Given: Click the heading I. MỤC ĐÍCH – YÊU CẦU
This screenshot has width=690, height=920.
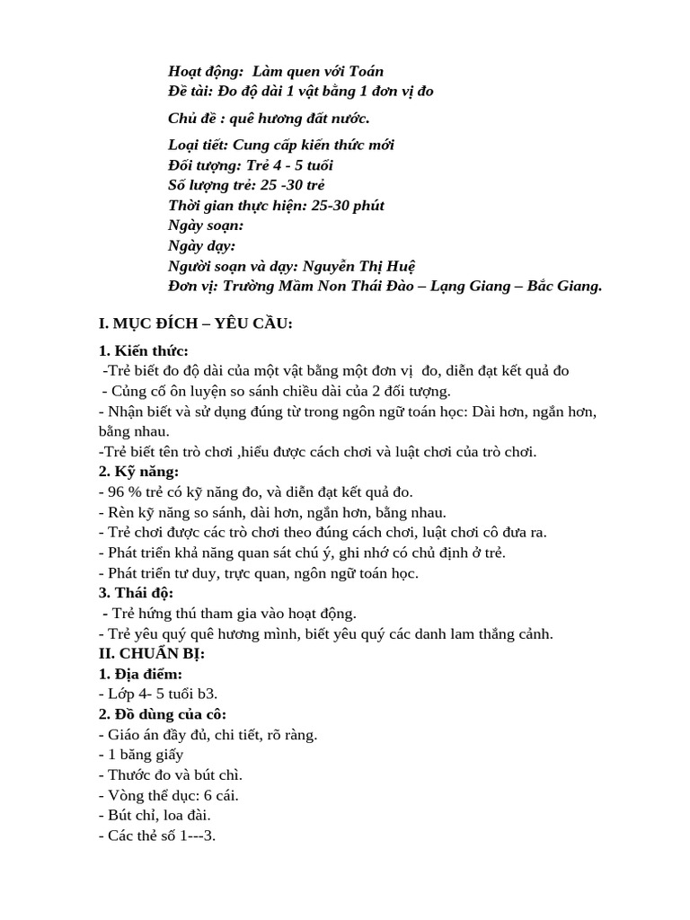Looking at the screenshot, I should [195, 323].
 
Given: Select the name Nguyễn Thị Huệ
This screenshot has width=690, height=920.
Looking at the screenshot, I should [359, 266].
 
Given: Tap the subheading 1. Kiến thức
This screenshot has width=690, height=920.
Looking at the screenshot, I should [144, 350].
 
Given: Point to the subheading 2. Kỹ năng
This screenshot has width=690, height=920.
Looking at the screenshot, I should [138, 472].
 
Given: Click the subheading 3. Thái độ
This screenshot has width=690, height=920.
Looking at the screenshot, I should [136, 593].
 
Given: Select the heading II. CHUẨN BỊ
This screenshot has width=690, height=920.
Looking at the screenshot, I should [151, 654].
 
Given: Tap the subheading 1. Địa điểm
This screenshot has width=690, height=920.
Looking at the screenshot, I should [140, 674].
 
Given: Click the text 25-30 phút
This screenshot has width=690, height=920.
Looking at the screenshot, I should [348, 205].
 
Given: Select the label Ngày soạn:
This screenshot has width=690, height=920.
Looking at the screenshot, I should [206, 226].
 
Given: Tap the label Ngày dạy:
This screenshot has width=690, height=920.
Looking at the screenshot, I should [202, 245].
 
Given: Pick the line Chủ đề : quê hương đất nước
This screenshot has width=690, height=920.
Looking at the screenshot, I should [269, 119].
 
